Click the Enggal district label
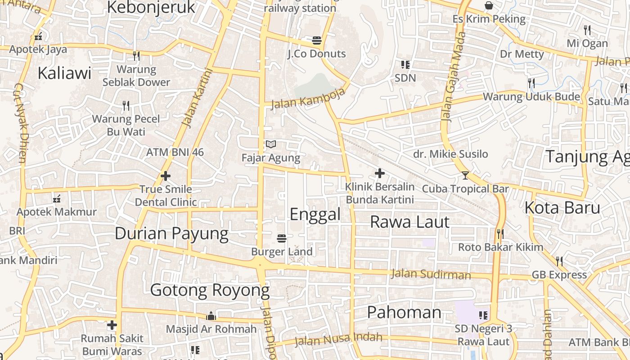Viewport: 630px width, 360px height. (x=315, y=214)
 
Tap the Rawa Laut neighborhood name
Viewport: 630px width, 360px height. (x=409, y=222)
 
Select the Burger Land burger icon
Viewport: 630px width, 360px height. (x=282, y=238)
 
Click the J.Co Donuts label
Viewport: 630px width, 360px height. (x=317, y=54)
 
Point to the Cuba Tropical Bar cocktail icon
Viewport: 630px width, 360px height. (x=465, y=175)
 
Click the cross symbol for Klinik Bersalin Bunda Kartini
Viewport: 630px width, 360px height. (x=380, y=173)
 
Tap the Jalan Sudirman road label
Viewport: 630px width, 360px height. (x=431, y=274)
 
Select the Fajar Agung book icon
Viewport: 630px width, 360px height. (x=271, y=144)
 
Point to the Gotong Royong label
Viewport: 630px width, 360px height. (x=210, y=290)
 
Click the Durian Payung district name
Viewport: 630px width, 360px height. (x=171, y=234)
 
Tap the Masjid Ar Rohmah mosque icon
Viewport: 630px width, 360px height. (x=211, y=316)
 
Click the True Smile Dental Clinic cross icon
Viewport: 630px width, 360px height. (x=166, y=176)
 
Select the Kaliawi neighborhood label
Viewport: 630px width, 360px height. (x=64, y=73)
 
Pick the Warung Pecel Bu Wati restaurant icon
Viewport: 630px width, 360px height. (x=126, y=106)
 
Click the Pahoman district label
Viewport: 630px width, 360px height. (x=404, y=312)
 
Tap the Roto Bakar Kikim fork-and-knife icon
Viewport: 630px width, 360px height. (x=499, y=234)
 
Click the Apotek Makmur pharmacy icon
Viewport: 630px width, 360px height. (x=57, y=198)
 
